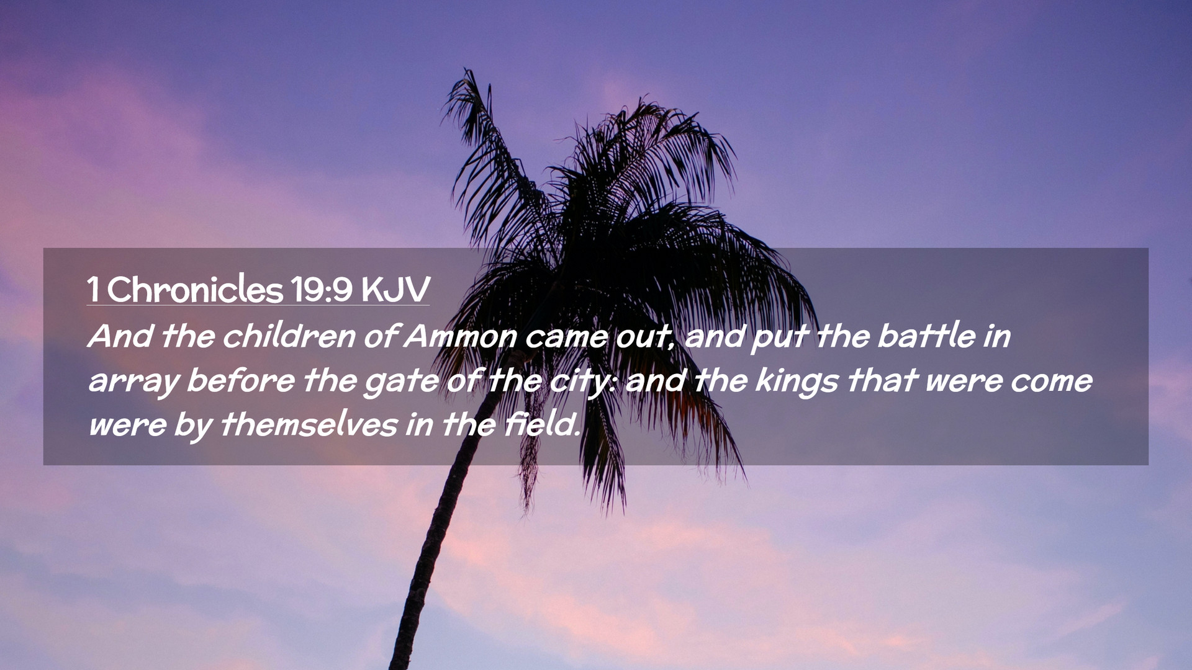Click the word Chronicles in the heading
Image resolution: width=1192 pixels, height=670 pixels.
click(x=195, y=289)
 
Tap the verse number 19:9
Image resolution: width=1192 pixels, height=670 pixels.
click(x=322, y=289)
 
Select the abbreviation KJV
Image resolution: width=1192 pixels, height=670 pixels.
click(x=395, y=289)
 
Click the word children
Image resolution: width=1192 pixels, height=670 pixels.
click(x=289, y=336)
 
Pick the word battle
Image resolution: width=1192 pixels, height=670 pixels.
click(x=926, y=336)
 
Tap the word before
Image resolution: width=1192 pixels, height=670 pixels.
click(x=241, y=380)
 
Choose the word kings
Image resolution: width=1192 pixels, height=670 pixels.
click(x=797, y=382)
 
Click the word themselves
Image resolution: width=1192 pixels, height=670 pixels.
click(x=309, y=425)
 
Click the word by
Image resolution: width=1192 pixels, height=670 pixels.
click(x=193, y=427)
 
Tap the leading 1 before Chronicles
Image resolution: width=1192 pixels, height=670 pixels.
click(x=93, y=289)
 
